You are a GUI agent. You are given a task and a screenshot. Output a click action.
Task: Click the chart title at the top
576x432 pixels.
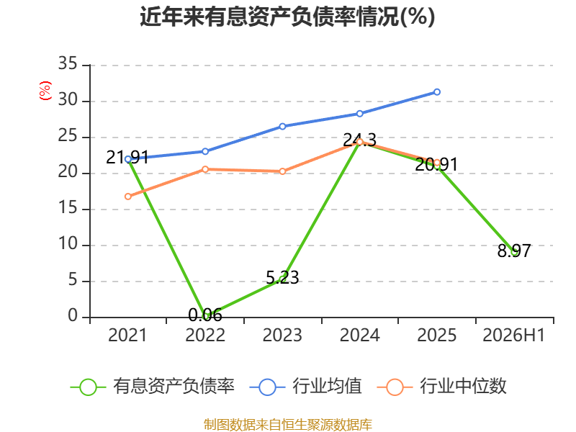(x=287, y=17)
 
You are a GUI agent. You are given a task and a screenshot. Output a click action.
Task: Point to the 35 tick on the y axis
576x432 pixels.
(x=68, y=63)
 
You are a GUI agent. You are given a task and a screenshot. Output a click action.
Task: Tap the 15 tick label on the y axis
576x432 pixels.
(x=68, y=208)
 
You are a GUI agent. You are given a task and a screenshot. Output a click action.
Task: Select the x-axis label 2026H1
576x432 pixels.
(x=513, y=335)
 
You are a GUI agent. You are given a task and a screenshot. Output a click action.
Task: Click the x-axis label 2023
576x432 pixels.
(x=282, y=335)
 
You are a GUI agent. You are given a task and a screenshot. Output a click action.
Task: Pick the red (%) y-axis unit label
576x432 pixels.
(x=45, y=91)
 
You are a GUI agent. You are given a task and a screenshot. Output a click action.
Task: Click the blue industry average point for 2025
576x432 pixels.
(x=437, y=92)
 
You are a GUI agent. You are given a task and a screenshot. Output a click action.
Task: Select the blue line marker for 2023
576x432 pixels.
(x=282, y=127)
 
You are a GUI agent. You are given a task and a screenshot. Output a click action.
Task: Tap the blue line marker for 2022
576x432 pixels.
(x=205, y=151)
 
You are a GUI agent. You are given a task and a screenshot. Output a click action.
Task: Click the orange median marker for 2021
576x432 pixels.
(x=128, y=197)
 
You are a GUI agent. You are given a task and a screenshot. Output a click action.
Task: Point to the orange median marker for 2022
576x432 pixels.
(x=205, y=169)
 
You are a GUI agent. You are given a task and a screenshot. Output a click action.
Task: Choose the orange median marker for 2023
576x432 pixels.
(x=282, y=171)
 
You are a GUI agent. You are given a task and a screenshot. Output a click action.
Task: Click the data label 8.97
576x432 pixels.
(x=514, y=251)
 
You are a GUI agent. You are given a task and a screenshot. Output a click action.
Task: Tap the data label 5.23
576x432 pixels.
(x=282, y=277)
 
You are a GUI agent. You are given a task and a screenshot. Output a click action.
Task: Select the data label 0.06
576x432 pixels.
(x=205, y=315)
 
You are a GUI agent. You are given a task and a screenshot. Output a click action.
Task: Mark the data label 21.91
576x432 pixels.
(x=127, y=157)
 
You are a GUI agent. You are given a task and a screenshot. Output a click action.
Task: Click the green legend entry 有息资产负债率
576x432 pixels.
(x=152, y=387)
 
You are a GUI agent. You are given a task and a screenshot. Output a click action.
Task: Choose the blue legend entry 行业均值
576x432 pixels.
(x=305, y=387)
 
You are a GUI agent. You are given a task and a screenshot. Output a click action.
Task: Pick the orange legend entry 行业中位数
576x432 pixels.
(x=441, y=387)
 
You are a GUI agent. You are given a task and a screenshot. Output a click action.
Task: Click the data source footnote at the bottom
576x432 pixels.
(x=287, y=424)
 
